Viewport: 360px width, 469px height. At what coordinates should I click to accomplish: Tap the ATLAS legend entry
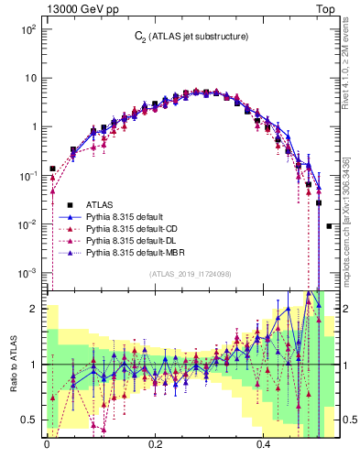point(101,204)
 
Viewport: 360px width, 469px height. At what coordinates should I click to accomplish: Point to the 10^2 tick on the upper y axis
point(28,29)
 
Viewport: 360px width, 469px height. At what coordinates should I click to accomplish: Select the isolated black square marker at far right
point(330,225)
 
